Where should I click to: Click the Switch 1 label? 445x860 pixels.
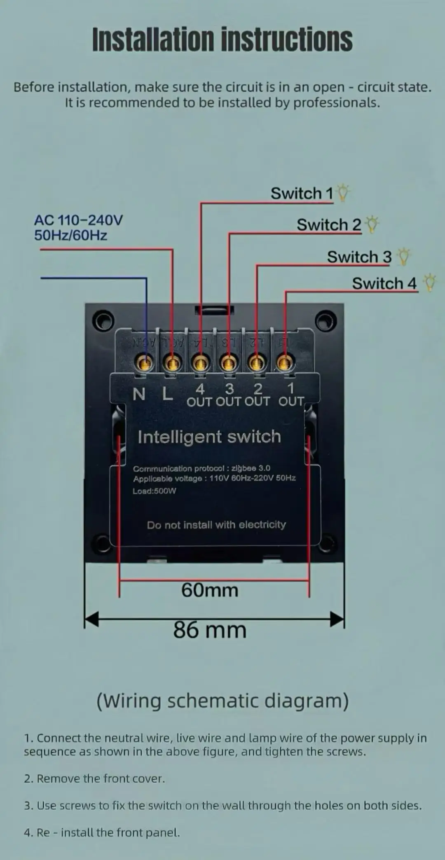click(x=302, y=194)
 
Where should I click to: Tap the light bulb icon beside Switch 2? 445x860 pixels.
click(x=372, y=224)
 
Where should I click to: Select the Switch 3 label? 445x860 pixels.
click(x=359, y=257)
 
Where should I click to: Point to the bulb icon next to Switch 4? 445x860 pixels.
click(x=430, y=283)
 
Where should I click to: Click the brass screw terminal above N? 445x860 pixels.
click(x=144, y=363)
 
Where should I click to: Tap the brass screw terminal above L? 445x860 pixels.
click(x=172, y=363)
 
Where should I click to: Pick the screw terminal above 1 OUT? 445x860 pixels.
click(x=285, y=363)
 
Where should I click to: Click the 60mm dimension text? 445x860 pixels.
click(x=210, y=590)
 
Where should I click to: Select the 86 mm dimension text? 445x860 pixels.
click(x=210, y=630)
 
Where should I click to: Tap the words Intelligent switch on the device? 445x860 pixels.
click(x=209, y=437)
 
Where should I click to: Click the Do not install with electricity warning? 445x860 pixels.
click(x=216, y=525)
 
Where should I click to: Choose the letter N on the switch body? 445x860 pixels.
click(x=139, y=395)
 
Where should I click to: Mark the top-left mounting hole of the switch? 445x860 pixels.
click(x=103, y=320)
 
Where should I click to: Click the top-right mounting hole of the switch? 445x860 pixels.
click(x=326, y=320)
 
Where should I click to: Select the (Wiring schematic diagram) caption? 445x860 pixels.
click(x=222, y=701)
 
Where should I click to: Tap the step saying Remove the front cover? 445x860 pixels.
click(x=94, y=778)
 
